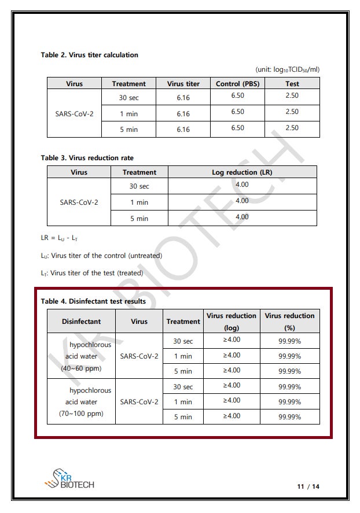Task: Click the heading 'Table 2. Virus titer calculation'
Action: click(89, 55)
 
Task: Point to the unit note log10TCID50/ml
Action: click(287, 69)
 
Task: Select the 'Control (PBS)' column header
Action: click(237, 84)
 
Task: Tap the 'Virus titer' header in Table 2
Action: click(183, 84)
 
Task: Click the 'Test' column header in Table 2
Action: click(292, 84)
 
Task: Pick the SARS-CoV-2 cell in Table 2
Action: click(74, 114)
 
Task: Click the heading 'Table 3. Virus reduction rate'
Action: click(87, 158)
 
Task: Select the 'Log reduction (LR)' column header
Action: click(242, 172)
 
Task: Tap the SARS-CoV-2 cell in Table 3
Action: click(79, 202)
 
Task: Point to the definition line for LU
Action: click(101, 256)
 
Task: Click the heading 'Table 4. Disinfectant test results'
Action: click(93, 301)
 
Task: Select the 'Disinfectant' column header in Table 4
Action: click(81, 322)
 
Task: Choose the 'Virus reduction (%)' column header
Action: click(289, 322)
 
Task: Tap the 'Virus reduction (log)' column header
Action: click(231, 322)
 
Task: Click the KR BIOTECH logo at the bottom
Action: click(69, 478)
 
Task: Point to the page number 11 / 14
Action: click(308, 486)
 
